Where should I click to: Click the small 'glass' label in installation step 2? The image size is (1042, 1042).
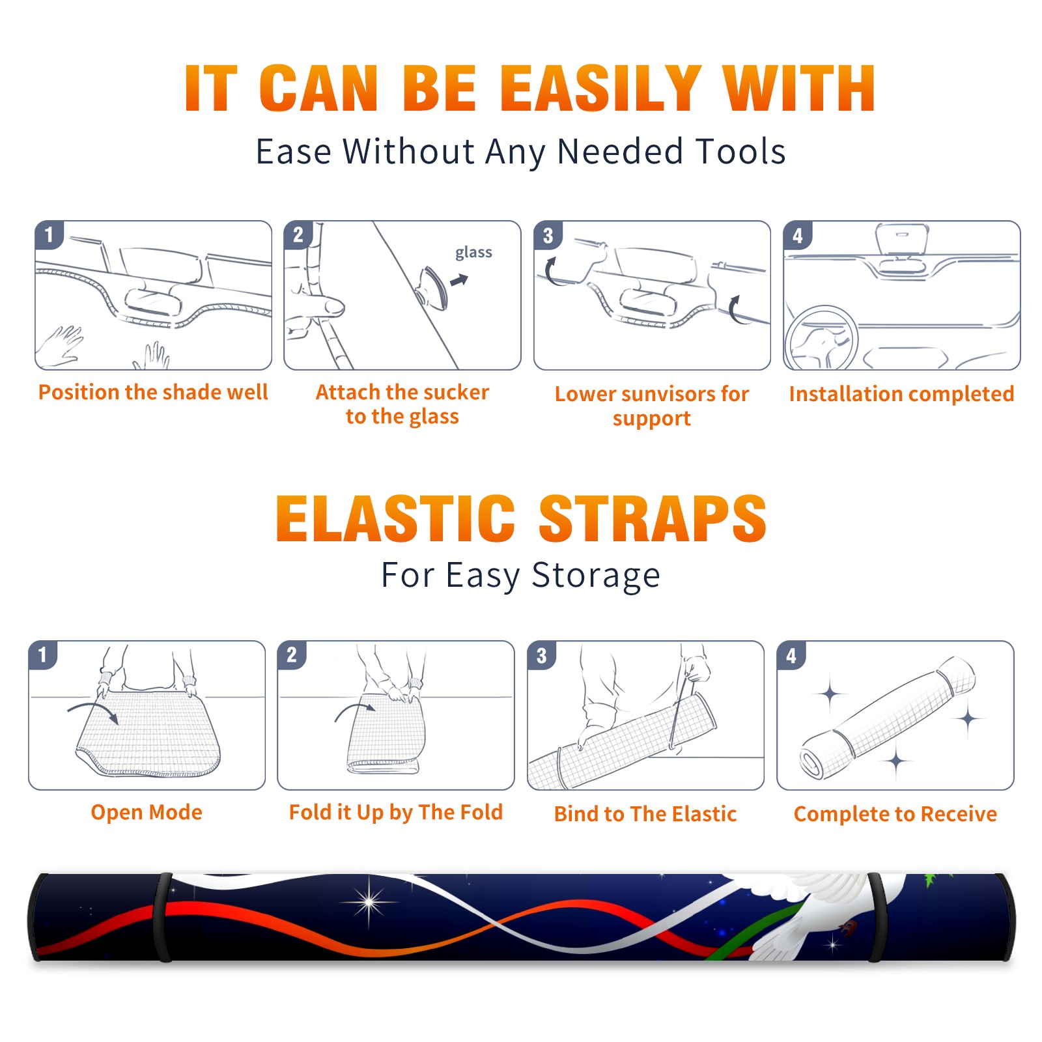tap(473, 253)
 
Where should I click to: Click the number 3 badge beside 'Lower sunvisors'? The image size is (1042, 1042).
tap(548, 235)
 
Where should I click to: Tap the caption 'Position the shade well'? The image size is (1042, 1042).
tap(153, 392)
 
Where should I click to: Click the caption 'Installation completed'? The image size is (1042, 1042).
tap(901, 394)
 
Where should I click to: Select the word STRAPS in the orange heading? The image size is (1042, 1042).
tap(653, 518)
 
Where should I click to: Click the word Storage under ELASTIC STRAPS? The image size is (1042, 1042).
tap(596, 576)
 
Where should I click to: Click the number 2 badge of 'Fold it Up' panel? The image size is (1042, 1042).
tap(291, 655)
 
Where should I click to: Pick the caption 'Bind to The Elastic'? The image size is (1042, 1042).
tap(645, 814)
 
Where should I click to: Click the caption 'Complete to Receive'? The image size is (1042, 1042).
tap(895, 814)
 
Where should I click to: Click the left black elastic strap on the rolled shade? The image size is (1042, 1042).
tap(163, 918)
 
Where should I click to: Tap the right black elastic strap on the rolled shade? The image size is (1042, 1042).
tap(877, 918)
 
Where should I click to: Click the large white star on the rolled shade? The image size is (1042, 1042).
tap(369, 903)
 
